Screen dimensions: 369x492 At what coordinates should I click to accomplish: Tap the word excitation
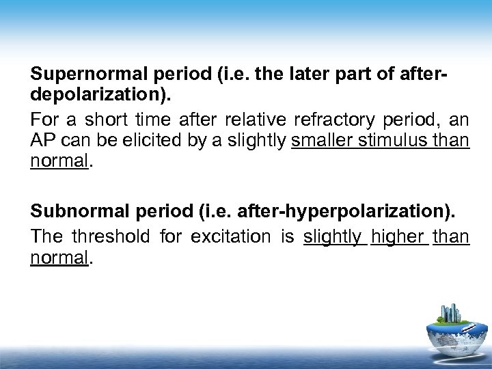tap(224, 236)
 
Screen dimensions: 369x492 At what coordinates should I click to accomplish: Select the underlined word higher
tap(400, 236)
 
